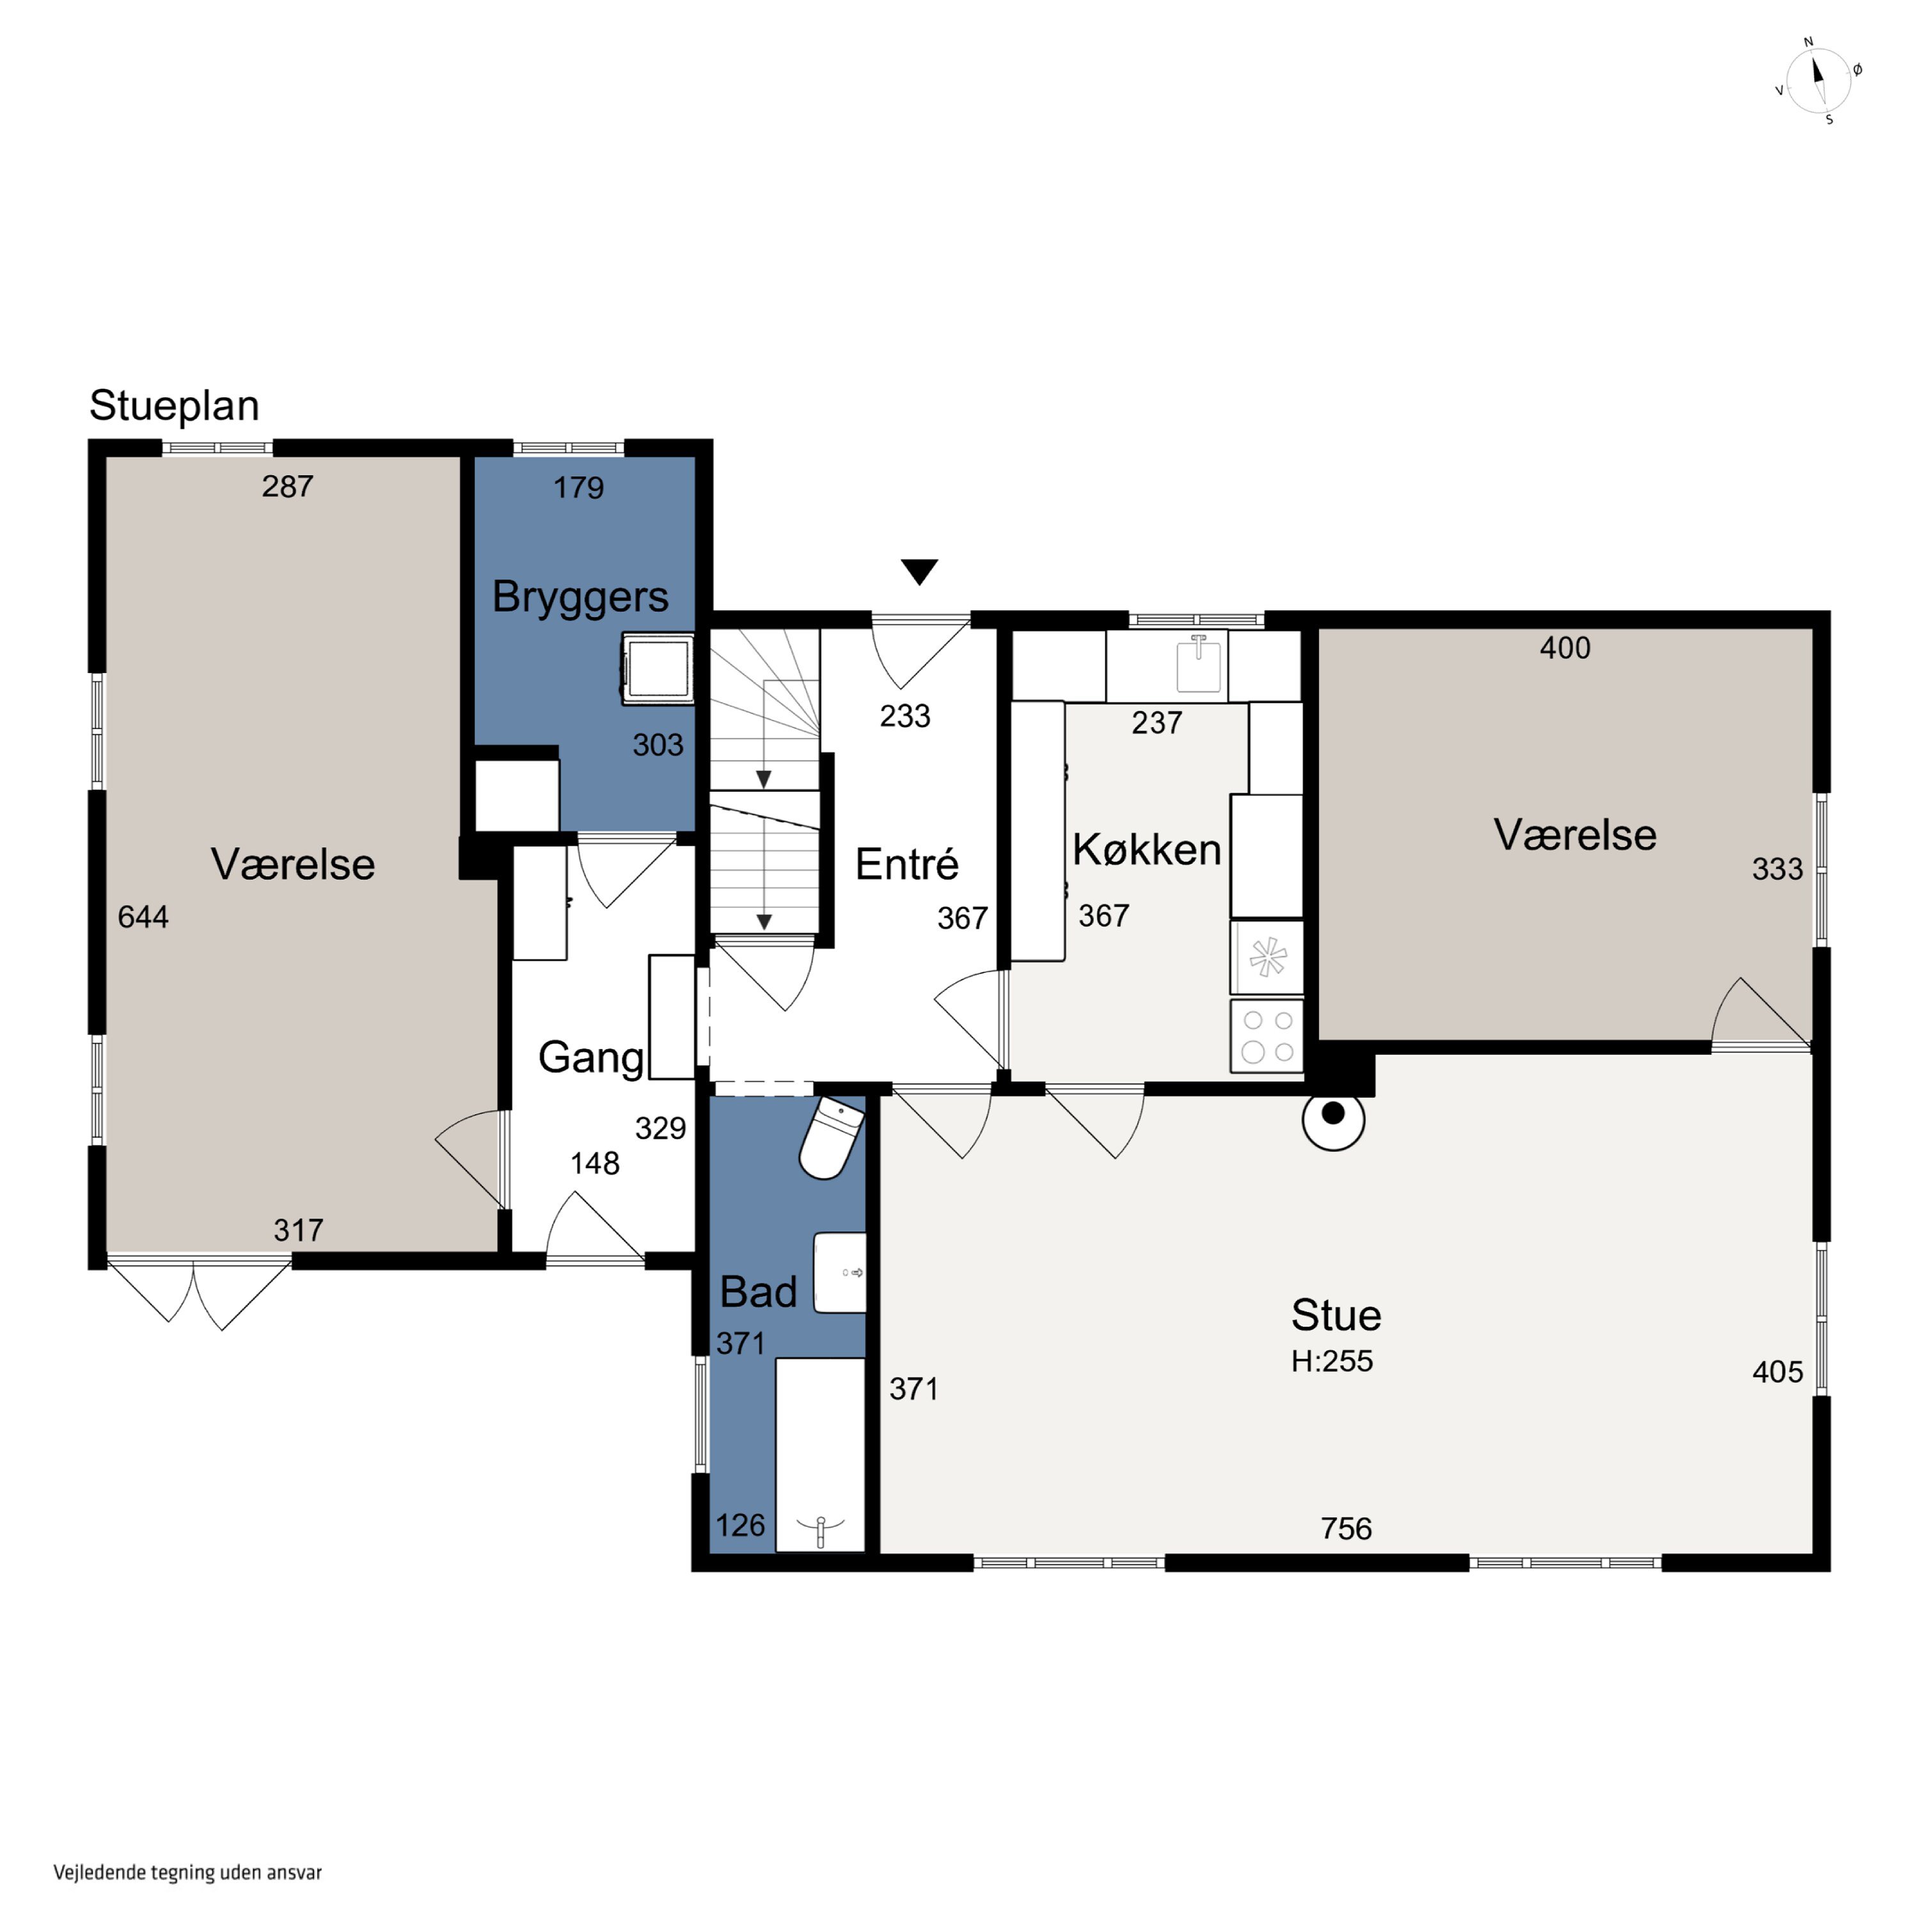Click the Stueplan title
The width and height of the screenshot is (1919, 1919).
click(175, 406)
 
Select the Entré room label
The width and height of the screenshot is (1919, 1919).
click(907, 864)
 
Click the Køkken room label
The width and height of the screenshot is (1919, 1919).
click(1146, 850)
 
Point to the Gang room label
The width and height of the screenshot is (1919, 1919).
click(591, 1059)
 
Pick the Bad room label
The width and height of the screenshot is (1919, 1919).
click(758, 1292)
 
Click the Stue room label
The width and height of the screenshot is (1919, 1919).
click(1336, 1315)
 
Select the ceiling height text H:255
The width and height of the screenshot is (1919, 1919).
click(1332, 1361)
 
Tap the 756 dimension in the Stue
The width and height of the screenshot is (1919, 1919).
click(1346, 1528)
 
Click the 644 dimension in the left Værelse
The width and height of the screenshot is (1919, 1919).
click(143, 916)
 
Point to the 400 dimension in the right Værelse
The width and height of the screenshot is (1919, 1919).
click(1565, 647)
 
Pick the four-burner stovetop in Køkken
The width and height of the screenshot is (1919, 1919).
click(1267, 1036)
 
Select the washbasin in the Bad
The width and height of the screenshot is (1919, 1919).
click(841, 1272)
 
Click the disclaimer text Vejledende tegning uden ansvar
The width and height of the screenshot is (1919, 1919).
click(187, 1872)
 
